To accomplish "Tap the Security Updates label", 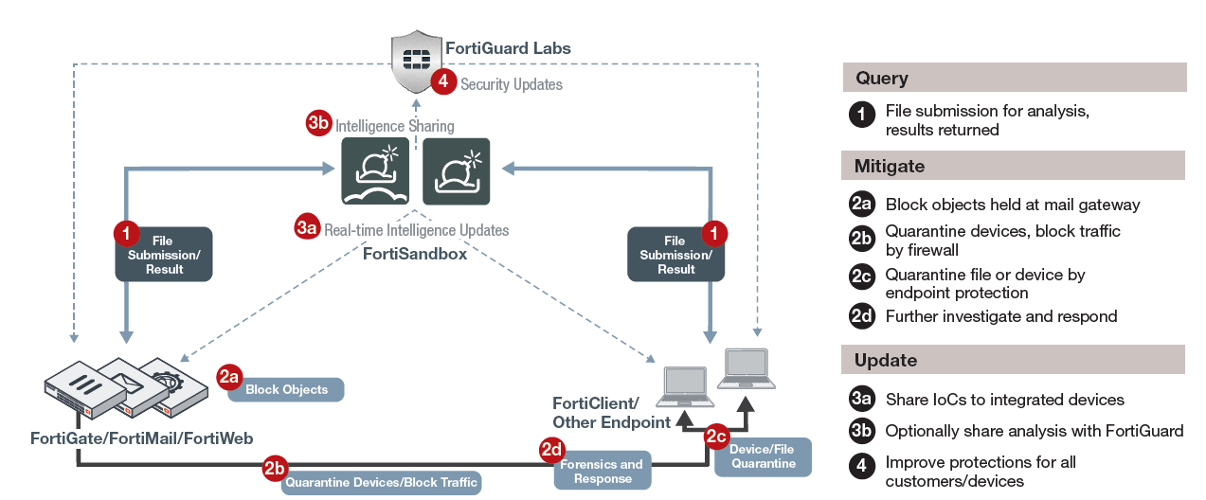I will coord(512,84).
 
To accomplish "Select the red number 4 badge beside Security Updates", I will coord(443,81).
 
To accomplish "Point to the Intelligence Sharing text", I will coord(394,126).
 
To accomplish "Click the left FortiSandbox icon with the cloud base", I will coord(375,171).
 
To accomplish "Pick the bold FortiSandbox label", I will coord(415,254).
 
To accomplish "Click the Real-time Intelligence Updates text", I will coord(416,230).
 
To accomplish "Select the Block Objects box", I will coord(286,389).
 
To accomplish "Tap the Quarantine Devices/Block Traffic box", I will coord(382,482).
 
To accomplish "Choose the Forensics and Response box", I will coord(603,471).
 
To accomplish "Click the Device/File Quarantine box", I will coord(764,456).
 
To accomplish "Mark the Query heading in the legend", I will coord(882,78).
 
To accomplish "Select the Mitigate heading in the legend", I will coord(890,166).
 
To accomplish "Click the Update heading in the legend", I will coord(886,360).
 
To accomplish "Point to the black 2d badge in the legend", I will coord(861,316).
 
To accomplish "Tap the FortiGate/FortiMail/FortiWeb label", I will coord(141,437).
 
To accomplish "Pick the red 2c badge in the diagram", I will coord(716,436).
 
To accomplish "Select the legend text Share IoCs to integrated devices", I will coord(1004,400).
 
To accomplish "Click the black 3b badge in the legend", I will coord(861,431).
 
